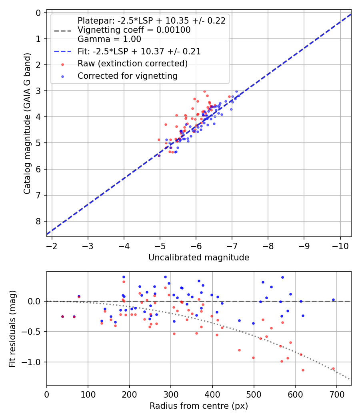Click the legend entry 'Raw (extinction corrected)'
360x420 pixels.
point(132,64)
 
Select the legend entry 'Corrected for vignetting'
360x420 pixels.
point(127,76)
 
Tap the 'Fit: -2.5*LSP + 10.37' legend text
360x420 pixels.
point(139,51)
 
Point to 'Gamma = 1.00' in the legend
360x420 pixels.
point(109,39)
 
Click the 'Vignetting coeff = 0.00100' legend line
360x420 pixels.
point(134,30)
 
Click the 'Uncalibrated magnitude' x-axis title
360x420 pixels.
point(199,258)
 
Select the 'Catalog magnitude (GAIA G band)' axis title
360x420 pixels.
point(27,124)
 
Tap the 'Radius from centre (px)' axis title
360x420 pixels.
point(199,406)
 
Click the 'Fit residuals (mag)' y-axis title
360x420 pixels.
point(12,328)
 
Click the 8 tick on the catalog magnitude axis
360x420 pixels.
point(38,221)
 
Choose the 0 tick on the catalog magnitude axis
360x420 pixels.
point(38,13)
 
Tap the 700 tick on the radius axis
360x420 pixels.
point(336,394)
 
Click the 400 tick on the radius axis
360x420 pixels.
point(212,394)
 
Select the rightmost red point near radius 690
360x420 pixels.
point(333,368)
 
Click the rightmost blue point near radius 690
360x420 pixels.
point(333,300)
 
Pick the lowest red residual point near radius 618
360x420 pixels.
point(303,370)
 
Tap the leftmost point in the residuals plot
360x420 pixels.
point(62,316)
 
